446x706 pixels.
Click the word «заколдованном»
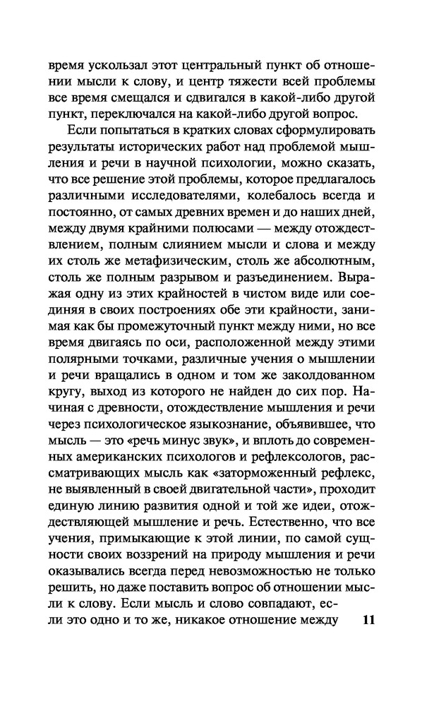pyautogui.click(x=335, y=393)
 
